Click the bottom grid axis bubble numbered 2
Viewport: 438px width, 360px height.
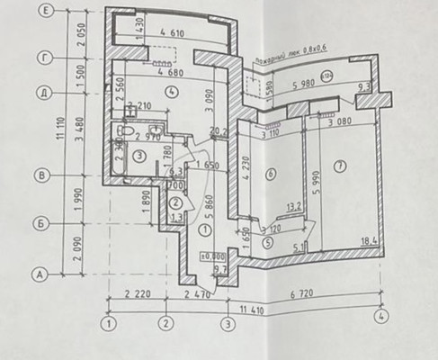click(x=165, y=321)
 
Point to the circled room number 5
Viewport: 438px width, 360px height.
click(x=266, y=241)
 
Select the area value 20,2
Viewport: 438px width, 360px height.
click(x=216, y=131)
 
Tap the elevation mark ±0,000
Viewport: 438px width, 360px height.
click(x=213, y=256)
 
